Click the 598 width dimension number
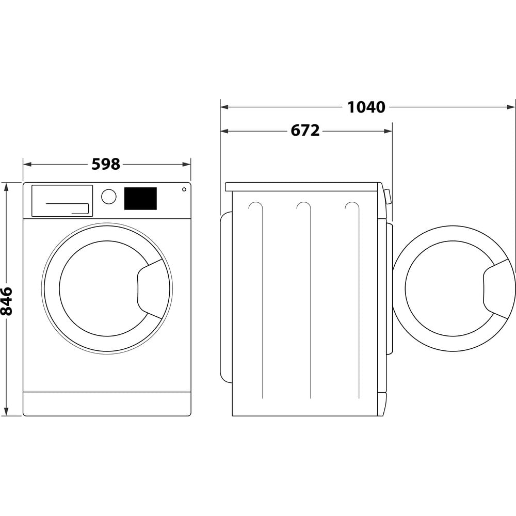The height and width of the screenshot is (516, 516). pyautogui.click(x=106, y=164)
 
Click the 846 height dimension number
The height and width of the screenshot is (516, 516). pyautogui.click(x=6, y=301)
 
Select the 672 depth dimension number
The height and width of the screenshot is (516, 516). pyautogui.click(x=305, y=131)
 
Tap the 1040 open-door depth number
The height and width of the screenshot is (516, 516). pyautogui.click(x=366, y=107)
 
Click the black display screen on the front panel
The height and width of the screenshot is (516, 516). pyautogui.click(x=140, y=199)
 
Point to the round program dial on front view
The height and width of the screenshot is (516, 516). pyautogui.click(x=109, y=197)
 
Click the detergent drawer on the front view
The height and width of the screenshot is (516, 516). pyautogui.click(x=62, y=201)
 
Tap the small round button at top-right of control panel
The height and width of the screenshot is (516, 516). pyautogui.click(x=184, y=189)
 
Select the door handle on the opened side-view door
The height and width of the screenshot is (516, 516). pyautogui.click(x=497, y=288)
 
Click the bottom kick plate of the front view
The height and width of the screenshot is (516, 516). pyautogui.click(x=107, y=404)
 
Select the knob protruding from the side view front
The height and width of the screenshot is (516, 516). pyautogui.click(x=388, y=197)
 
